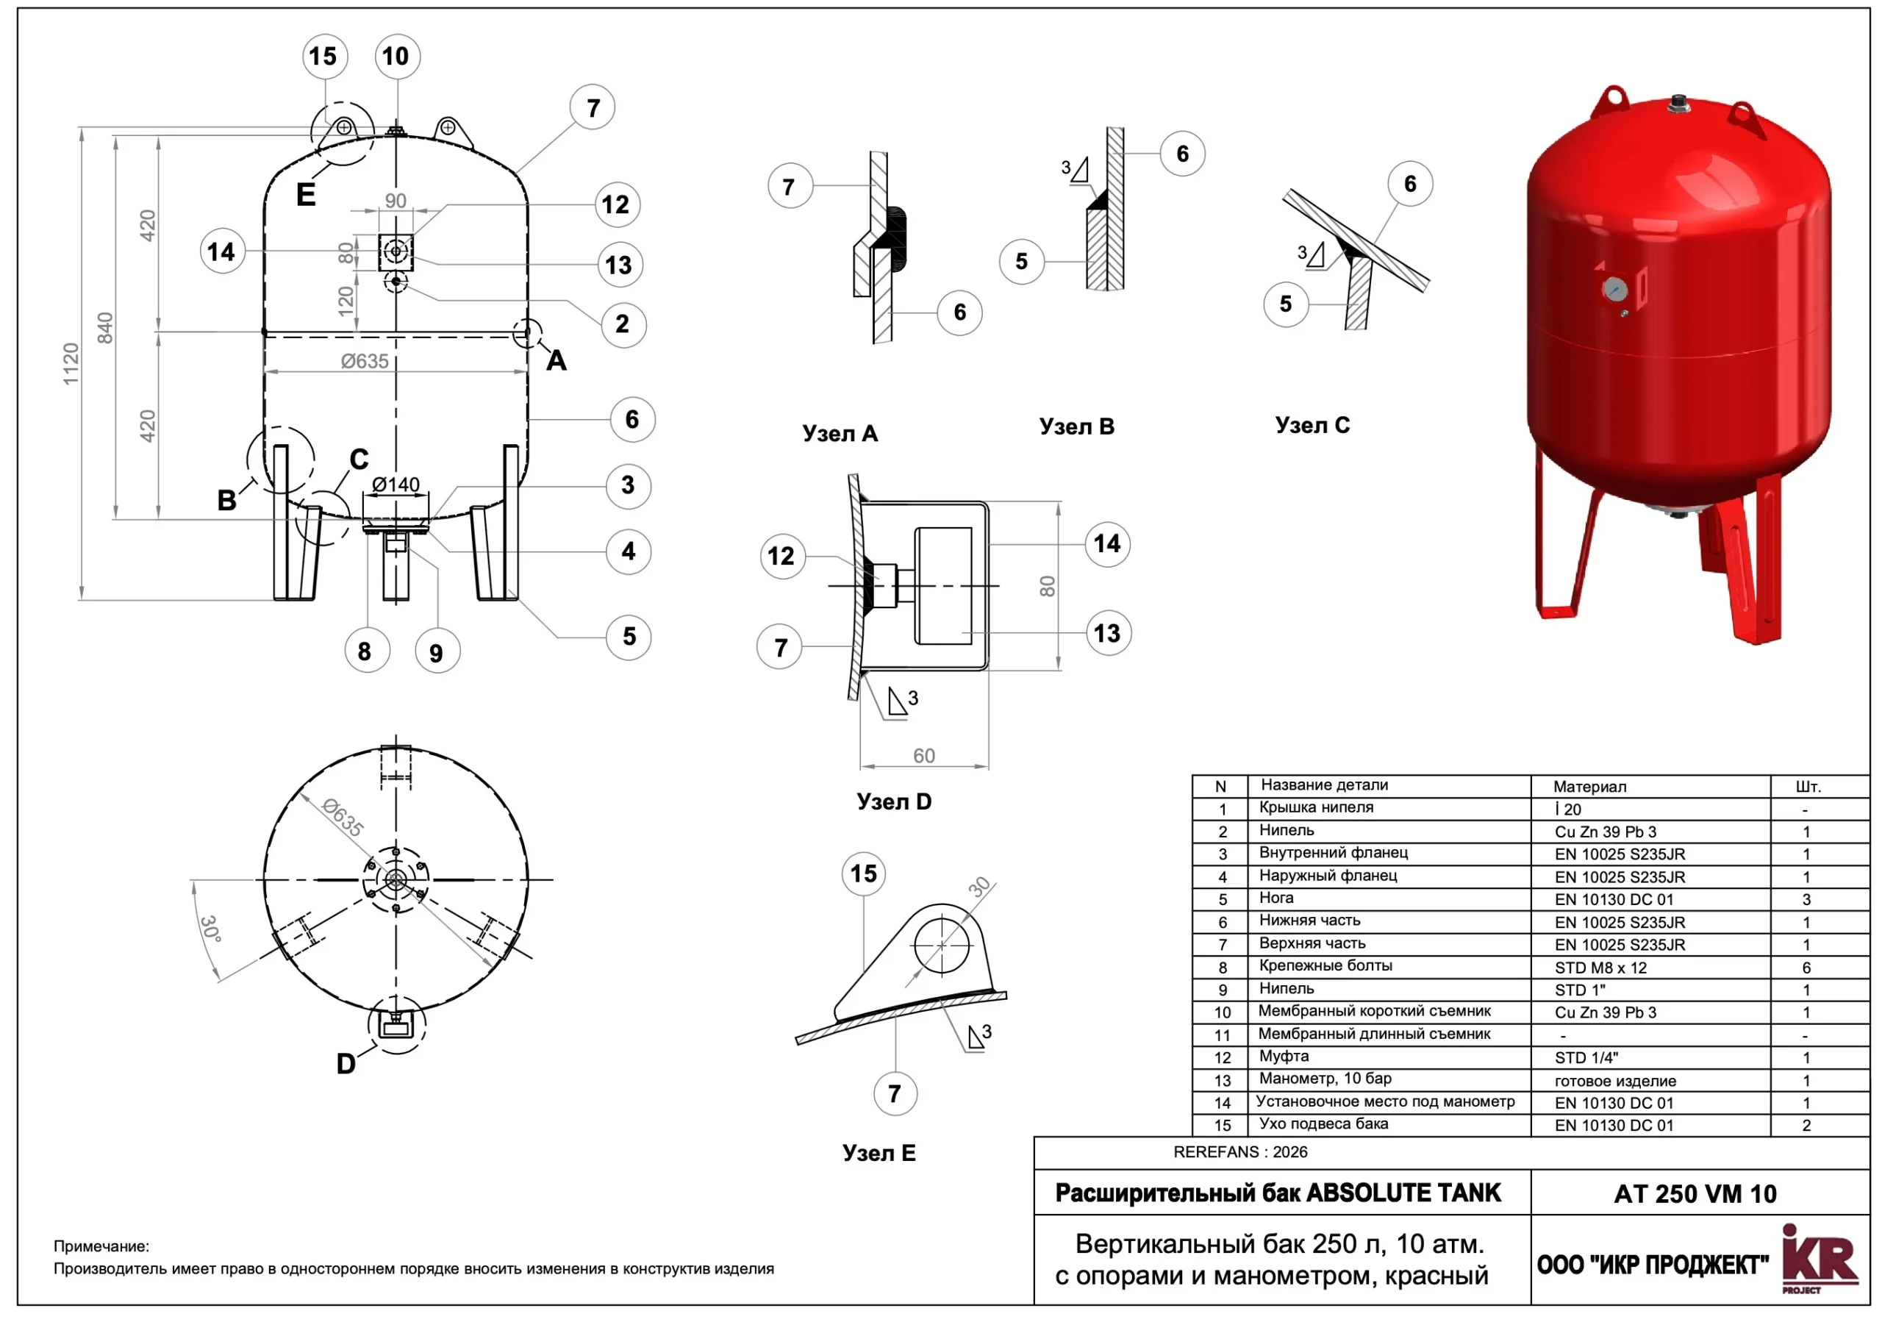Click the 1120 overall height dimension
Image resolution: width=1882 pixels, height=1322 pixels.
pyautogui.click(x=71, y=364)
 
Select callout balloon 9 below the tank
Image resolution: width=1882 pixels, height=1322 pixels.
pyautogui.click(x=436, y=652)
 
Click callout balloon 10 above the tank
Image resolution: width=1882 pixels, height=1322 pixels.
pyautogui.click(x=397, y=57)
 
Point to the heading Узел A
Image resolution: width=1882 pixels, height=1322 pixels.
pyautogui.click(x=840, y=434)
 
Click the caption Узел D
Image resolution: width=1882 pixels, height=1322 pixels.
pyautogui.click(x=893, y=801)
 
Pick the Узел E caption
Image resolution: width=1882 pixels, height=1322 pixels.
pyautogui.click(x=879, y=1153)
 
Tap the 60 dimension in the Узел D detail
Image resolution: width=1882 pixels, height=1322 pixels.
pyautogui.click(x=924, y=756)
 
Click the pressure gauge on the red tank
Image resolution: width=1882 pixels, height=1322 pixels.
pyautogui.click(x=1615, y=289)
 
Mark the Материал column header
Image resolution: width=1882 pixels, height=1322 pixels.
pyautogui.click(x=1589, y=787)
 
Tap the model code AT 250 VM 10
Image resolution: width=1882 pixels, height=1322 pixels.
pyautogui.click(x=1695, y=1194)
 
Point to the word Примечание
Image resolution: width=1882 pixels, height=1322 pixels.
pyautogui.click(x=101, y=1246)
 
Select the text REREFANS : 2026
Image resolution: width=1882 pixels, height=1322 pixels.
pyautogui.click(x=1239, y=1152)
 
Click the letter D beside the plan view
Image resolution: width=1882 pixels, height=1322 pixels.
pyautogui.click(x=346, y=1064)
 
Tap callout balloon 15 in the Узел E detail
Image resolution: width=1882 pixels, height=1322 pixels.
pyautogui.click(x=863, y=873)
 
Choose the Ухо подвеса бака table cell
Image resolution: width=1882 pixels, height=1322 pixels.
pyautogui.click(x=1323, y=1123)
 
